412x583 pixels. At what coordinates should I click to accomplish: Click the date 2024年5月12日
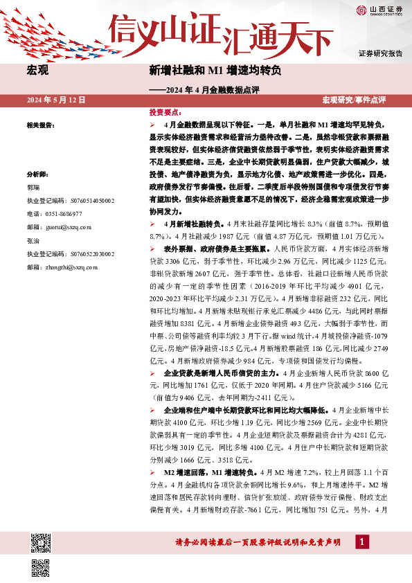[56, 100]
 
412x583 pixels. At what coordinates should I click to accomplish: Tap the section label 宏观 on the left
[37, 71]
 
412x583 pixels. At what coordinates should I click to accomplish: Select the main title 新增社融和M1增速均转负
[215, 71]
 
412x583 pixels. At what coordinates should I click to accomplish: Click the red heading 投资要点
[165, 111]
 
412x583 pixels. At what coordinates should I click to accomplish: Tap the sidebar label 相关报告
[40, 125]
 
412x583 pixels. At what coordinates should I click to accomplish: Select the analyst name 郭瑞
[33, 188]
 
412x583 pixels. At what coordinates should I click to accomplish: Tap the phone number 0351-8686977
[64, 213]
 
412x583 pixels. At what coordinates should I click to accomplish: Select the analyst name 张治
[33, 240]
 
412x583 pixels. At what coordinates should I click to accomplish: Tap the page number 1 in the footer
[361, 541]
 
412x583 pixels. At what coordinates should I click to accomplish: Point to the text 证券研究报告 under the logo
[380, 53]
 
